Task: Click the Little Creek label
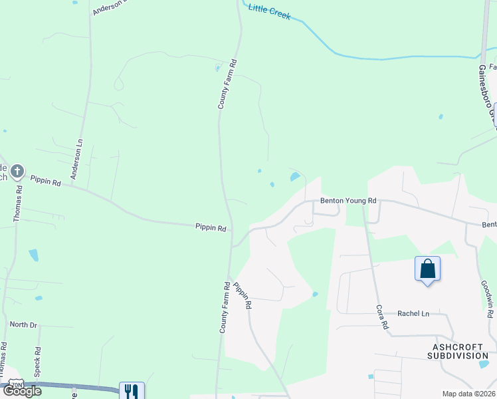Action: tap(269, 11)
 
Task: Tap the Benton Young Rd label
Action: tap(348, 200)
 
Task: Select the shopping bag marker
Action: tap(427, 269)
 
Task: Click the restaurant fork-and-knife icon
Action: tap(131, 391)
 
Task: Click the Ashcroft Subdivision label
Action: tap(460, 351)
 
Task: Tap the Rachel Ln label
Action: tap(413, 313)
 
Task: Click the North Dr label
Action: tap(23, 325)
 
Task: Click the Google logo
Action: tap(22, 390)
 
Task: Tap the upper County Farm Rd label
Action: tap(227, 84)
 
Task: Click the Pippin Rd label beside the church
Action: tap(45, 180)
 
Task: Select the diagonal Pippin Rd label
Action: tap(243, 295)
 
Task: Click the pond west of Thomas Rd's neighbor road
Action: tap(33, 255)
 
